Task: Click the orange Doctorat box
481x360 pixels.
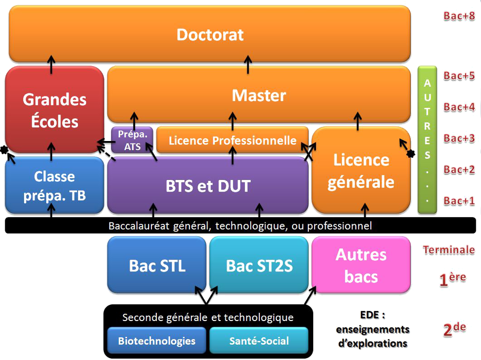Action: (210, 35)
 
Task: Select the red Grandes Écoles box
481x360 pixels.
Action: (54, 110)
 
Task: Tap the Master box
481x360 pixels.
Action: (259, 95)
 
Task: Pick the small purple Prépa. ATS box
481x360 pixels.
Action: (132, 140)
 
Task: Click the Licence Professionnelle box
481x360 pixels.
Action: (232, 141)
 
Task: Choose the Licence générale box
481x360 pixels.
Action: (361, 171)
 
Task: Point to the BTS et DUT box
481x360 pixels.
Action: (208, 186)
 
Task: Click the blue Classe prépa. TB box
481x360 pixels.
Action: (54, 185)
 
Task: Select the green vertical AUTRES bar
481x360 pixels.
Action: (427, 140)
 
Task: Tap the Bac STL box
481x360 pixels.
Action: (157, 265)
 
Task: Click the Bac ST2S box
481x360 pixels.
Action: (259, 265)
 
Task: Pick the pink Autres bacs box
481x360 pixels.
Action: (361, 265)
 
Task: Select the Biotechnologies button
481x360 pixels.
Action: (157, 341)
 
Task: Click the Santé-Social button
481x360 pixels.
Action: (259, 341)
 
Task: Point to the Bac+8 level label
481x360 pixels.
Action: (459, 15)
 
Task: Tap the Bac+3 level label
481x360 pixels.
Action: (459, 139)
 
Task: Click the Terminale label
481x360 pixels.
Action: (448, 250)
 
